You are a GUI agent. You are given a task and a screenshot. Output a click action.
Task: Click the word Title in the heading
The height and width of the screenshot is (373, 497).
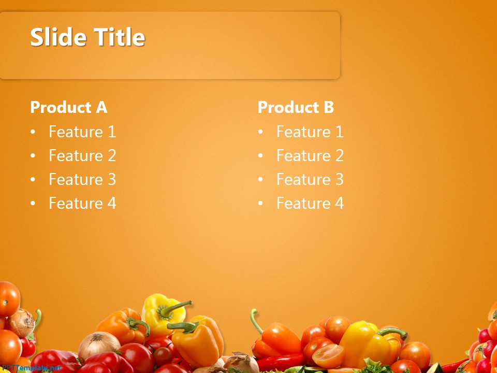(x=119, y=37)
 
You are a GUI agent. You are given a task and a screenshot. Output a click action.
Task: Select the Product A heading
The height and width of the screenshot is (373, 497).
(x=68, y=107)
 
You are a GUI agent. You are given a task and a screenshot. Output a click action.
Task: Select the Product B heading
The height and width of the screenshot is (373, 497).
(x=296, y=107)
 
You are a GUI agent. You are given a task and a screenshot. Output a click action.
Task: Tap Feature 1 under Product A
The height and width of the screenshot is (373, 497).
(x=82, y=132)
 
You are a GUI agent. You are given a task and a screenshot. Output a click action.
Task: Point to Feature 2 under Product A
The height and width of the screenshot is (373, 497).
(x=82, y=156)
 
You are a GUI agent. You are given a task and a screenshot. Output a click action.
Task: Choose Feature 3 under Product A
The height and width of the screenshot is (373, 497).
(x=82, y=180)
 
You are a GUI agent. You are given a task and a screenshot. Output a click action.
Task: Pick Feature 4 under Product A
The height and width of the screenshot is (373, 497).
(x=82, y=204)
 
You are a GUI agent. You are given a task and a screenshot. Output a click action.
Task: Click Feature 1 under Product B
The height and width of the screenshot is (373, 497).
(x=310, y=132)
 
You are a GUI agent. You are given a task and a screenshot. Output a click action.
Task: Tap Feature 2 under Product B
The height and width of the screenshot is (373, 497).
(x=310, y=156)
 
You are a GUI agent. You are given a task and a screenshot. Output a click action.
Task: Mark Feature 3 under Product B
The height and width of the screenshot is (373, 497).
(x=310, y=180)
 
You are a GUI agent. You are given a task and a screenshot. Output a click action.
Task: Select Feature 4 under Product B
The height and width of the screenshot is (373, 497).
(x=310, y=204)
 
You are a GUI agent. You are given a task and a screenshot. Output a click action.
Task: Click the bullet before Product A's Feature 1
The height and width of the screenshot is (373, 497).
(x=33, y=133)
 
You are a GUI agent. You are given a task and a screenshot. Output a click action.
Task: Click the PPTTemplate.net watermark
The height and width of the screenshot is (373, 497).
(x=31, y=368)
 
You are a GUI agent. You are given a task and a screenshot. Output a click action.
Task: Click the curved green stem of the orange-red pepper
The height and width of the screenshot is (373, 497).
(x=255, y=321)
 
